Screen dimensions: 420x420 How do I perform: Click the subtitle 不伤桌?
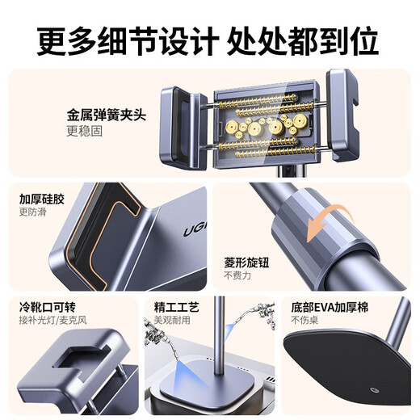(x=304, y=321)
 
